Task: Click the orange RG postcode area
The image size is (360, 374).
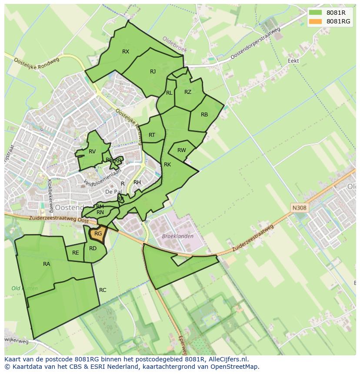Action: pyautogui.click(x=98, y=235)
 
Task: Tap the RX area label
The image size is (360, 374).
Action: pyautogui.click(x=126, y=52)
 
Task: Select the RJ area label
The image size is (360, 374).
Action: pyautogui.click(x=153, y=72)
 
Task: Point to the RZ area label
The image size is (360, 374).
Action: pyautogui.click(x=188, y=92)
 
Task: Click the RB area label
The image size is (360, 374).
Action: pyautogui.click(x=204, y=115)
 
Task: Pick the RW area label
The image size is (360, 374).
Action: pyautogui.click(x=182, y=150)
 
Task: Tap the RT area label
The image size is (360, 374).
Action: pyautogui.click(x=152, y=135)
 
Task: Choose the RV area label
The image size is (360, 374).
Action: pyautogui.click(x=92, y=152)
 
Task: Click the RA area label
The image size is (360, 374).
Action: pyautogui.click(x=47, y=264)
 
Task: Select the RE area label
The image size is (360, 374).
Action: pyautogui.click(x=76, y=253)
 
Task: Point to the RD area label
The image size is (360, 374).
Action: pyautogui.click(x=93, y=248)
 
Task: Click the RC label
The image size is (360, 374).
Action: pyautogui.click(x=103, y=290)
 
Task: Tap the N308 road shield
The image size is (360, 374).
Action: pyautogui.click(x=299, y=208)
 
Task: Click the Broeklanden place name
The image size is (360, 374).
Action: pyautogui.click(x=177, y=236)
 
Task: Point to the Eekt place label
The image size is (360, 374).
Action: pyautogui.click(x=293, y=61)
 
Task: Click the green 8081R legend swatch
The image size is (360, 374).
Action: pyautogui.click(x=316, y=13)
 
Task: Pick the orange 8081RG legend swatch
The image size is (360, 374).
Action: pyautogui.click(x=316, y=21)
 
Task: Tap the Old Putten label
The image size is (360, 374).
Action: pyautogui.click(x=25, y=288)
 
